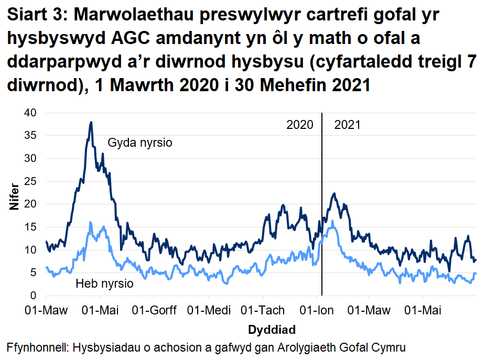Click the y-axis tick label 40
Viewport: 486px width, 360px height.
click(x=33, y=113)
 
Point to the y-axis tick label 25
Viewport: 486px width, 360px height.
click(x=33, y=181)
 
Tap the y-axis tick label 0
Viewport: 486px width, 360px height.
click(x=35, y=296)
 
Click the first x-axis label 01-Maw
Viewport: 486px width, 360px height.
click(x=47, y=310)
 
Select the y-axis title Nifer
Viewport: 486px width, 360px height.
click(x=14, y=197)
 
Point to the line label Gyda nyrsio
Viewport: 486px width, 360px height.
click(x=140, y=143)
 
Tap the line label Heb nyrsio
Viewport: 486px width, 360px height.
click(x=104, y=284)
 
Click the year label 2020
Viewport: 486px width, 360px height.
click(x=300, y=125)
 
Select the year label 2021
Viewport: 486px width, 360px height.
click(x=347, y=125)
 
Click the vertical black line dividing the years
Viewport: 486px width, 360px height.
click(x=321, y=210)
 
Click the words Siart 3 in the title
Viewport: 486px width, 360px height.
click(x=36, y=17)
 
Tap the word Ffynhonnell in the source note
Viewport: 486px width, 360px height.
click(x=38, y=347)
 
